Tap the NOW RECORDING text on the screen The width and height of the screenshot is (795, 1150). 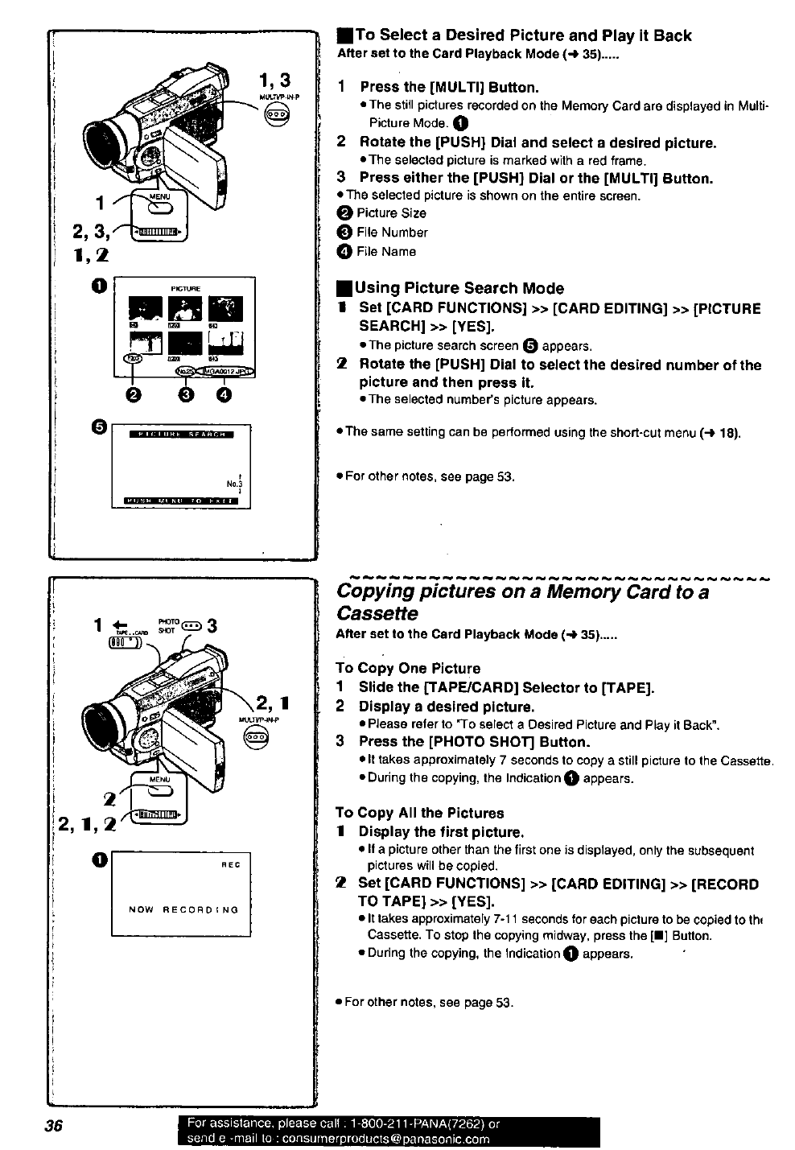[x=184, y=909]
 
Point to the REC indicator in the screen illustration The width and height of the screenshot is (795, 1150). [x=231, y=864]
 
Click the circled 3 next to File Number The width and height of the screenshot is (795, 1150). [x=345, y=233]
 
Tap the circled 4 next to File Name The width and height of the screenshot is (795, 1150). [x=345, y=252]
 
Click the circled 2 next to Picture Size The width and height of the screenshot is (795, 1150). [x=345, y=213]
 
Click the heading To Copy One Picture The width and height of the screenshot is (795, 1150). [x=408, y=668]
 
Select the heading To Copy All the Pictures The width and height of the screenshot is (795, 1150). [x=419, y=813]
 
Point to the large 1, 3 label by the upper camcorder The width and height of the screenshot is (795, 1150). [x=274, y=80]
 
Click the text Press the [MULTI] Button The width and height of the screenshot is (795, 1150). [x=449, y=87]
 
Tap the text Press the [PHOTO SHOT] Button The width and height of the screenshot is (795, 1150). [x=474, y=741]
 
